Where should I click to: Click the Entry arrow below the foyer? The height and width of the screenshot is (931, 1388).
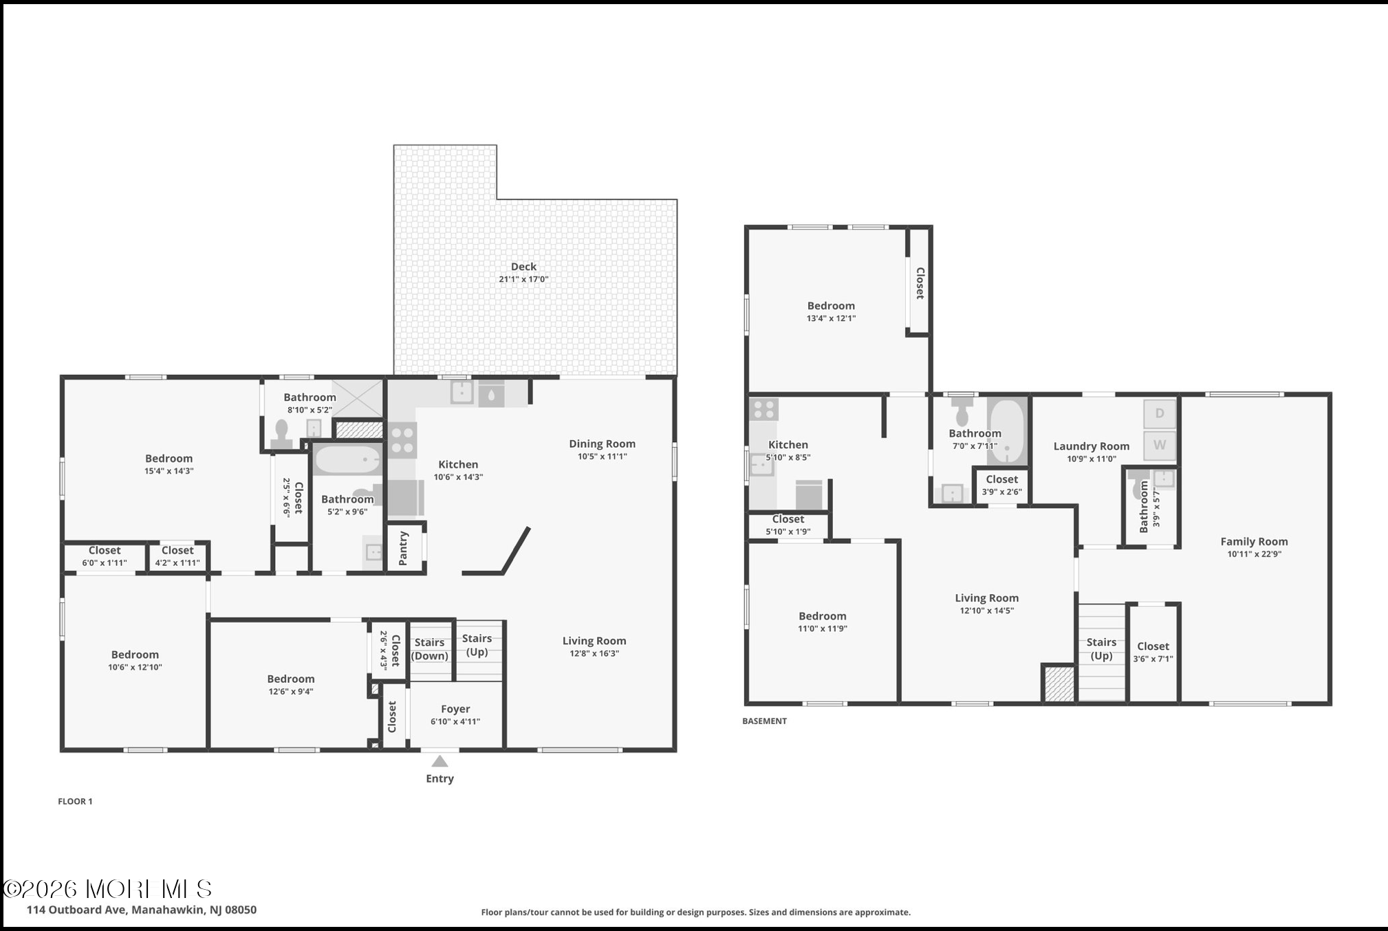tap(440, 761)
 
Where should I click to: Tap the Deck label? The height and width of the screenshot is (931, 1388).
tap(523, 267)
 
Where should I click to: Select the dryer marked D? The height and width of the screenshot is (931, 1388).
tap(1160, 413)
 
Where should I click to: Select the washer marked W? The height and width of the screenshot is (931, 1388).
tap(1160, 445)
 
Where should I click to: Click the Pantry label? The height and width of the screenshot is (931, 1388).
tap(404, 548)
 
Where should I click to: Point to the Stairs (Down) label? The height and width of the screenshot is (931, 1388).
tap(429, 649)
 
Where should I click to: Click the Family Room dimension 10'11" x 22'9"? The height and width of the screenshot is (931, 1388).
tap(1255, 554)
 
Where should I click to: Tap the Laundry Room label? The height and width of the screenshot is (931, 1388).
tap(1092, 446)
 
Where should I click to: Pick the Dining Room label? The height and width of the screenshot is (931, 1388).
tap(602, 444)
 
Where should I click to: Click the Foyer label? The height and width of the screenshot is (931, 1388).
tap(455, 709)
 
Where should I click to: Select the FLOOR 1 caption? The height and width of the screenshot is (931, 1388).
tap(75, 801)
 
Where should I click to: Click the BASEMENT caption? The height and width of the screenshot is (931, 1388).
tap(764, 721)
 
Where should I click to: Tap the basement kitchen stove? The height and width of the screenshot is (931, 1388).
tap(764, 410)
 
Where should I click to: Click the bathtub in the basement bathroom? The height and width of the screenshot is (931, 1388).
tap(1008, 431)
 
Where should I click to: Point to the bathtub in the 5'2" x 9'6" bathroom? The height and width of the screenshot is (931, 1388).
tap(348, 460)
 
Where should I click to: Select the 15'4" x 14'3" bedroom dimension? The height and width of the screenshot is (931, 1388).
tap(169, 471)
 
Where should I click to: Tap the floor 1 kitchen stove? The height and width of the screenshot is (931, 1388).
tap(402, 441)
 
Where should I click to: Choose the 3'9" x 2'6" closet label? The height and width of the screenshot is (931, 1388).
tap(1002, 485)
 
